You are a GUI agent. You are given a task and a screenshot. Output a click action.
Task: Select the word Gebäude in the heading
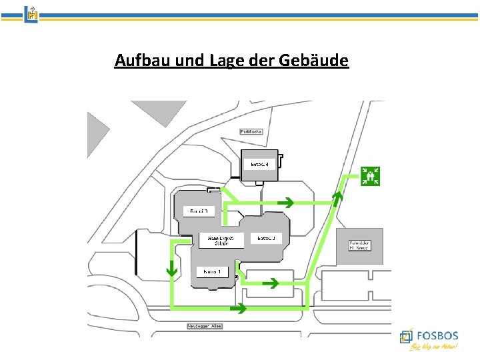point(317,61)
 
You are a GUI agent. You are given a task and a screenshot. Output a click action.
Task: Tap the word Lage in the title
point(226,61)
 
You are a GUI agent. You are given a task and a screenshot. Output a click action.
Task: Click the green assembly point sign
point(370,175)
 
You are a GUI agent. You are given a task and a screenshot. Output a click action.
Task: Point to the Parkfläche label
point(251,131)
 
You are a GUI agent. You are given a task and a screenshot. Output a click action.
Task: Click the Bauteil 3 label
point(199,211)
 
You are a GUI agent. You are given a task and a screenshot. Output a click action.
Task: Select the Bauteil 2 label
point(266,238)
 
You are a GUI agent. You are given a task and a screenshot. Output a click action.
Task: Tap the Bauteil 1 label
point(213,271)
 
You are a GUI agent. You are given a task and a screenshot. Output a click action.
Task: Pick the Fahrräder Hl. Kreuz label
point(360,245)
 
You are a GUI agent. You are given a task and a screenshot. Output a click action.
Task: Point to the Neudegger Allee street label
point(205,326)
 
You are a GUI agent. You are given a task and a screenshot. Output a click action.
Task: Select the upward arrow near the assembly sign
point(337,196)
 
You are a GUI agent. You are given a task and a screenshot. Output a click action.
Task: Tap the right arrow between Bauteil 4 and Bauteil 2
point(287,201)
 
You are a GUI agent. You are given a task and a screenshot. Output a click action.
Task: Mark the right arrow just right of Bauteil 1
point(271,283)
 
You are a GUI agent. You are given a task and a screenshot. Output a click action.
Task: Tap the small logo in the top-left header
point(31,13)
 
